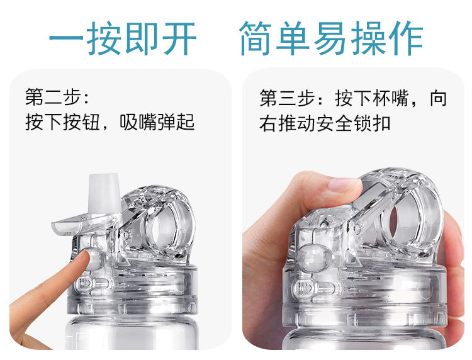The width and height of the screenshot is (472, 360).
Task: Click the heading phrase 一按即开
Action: pyautogui.click(x=123, y=38)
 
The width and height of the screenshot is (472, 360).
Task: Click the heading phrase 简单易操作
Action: pyautogui.click(x=332, y=38)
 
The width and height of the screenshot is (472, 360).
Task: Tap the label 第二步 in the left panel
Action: pyautogui.click(x=53, y=97)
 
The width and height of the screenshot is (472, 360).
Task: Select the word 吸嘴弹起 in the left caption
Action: pyautogui.click(x=157, y=122)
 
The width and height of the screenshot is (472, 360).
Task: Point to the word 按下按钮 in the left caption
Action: pyautogui.click(x=62, y=122)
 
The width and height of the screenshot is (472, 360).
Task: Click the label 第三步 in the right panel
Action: pyautogui.click(x=288, y=98)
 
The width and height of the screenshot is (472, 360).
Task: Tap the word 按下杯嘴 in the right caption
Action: pyautogui.click(x=373, y=98)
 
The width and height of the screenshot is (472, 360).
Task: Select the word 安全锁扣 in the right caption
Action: pyautogui.click(x=354, y=123)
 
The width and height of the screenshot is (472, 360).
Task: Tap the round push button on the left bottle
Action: pyautogui.click(x=95, y=258)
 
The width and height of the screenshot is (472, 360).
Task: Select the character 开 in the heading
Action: pyautogui.click(x=180, y=38)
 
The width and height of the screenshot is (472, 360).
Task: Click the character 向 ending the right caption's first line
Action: pyautogui.click(x=438, y=98)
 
